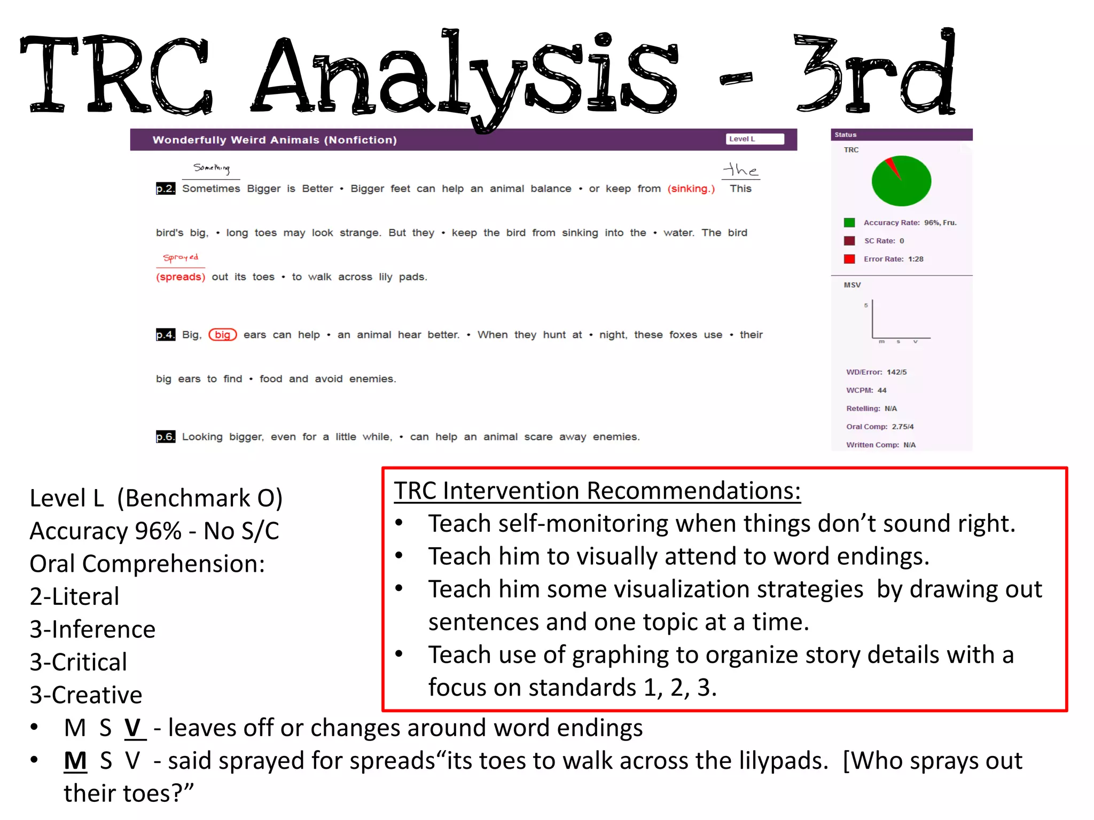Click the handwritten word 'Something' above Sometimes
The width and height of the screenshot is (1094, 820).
pos(212,168)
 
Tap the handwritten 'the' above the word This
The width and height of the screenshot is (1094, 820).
pos(740,170)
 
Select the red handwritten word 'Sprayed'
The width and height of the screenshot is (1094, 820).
pos(181,257)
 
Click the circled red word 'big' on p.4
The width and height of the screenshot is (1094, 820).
pos(222,335)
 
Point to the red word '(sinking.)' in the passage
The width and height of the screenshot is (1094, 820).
pos(691,188)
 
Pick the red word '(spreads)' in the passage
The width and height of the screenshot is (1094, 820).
pos(181,277)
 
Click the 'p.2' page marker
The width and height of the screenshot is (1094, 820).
pos(165,188)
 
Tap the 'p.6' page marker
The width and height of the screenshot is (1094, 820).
pos(165,437)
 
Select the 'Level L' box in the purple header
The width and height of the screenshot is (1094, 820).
pos(754,139)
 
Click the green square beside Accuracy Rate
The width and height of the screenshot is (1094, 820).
pos(849,223)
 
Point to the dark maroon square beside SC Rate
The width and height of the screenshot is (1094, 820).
pos(849,241)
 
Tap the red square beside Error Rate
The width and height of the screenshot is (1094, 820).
pos(849,259)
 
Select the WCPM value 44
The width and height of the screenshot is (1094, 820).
pos(882,390)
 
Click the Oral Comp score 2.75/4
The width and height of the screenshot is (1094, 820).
pos(903,427)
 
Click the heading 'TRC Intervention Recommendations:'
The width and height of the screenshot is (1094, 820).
pos(597,491)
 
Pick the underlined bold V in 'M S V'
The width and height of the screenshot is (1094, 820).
pos(134,728)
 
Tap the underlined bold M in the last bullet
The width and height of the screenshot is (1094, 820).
pos(75,761)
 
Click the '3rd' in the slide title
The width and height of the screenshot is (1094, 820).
pos(874,72)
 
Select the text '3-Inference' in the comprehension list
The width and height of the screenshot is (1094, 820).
pos(92,629)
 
